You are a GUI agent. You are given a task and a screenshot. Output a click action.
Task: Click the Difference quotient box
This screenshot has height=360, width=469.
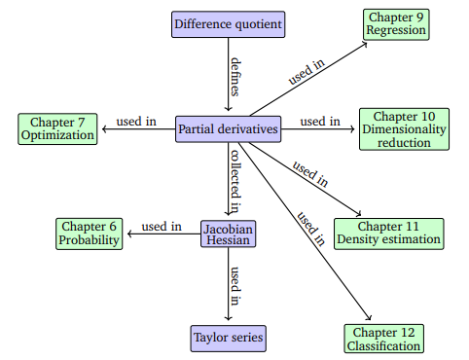[229, 23]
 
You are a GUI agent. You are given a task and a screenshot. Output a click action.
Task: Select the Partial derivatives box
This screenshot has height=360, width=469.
[229, 128]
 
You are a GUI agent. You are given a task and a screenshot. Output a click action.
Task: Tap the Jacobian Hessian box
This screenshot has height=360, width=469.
[228, 234]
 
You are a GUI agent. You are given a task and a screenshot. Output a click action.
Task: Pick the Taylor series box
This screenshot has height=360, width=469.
[228, 339]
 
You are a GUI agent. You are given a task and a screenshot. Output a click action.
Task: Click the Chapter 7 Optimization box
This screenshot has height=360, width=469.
[58, 128]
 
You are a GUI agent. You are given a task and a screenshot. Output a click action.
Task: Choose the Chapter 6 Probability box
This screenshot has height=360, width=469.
[88, 234]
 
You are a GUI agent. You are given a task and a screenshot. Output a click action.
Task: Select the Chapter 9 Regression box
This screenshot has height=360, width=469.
[396, 23]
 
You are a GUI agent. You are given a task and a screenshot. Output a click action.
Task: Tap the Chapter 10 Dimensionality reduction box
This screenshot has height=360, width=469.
[403, 128]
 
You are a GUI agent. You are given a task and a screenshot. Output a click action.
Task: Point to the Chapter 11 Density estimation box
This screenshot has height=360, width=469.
[388, 234]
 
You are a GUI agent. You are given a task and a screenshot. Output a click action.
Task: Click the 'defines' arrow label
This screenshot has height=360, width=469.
[236, 76]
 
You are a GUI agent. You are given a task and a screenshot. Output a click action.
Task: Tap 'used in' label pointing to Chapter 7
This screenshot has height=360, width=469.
[136, 121]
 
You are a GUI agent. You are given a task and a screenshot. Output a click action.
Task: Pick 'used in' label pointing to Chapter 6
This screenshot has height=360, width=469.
[162, 227]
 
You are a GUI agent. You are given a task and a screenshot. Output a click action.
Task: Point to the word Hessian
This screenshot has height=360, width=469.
[228, 241]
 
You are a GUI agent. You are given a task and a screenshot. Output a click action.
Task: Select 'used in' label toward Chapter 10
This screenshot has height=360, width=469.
[320, 121]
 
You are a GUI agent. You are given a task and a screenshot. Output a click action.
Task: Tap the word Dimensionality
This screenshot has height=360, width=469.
[403, 128]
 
